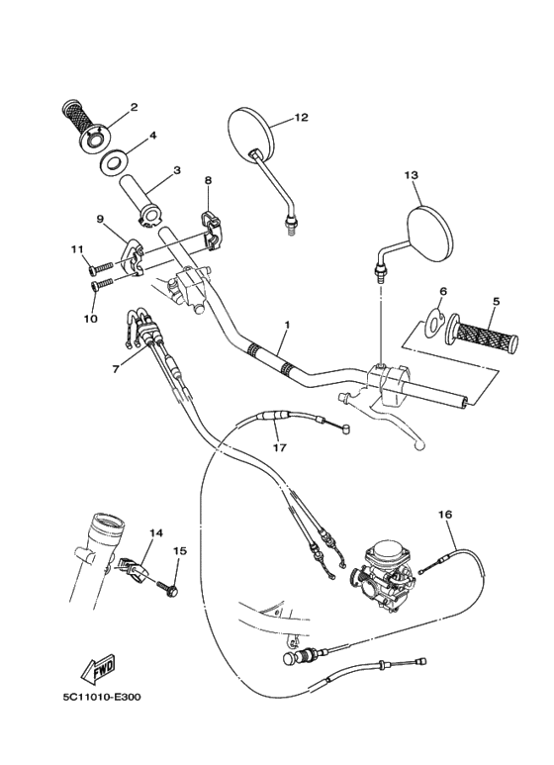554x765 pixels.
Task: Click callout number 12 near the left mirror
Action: coord(301,118)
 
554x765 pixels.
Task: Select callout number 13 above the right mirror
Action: coord(412,174)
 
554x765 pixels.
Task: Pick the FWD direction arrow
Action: coord(99,671)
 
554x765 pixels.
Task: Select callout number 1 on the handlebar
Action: coord(287,325)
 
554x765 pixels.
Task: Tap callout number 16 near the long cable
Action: coord(444,515)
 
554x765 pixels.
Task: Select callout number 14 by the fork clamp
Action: coord(155,533)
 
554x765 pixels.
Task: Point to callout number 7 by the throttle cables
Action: coord(116,368)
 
